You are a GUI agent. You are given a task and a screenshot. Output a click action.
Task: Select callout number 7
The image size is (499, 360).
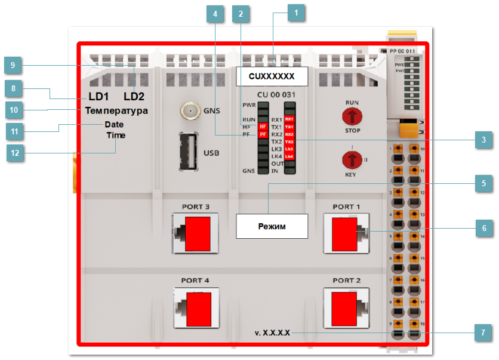coord(484,333)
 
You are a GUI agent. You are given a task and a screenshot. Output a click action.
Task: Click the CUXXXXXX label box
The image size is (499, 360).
coord(272,76)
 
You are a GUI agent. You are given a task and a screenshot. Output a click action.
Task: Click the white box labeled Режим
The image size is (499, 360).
coord(272,227)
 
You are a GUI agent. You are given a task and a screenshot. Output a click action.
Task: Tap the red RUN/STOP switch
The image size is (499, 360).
coord(352,116)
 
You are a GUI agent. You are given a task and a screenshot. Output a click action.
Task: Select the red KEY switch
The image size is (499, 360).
coord(352,161)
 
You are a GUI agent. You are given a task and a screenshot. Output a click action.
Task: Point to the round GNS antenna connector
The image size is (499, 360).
coord(190,111)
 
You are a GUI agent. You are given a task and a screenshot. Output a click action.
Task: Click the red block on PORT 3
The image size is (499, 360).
coord(198,235)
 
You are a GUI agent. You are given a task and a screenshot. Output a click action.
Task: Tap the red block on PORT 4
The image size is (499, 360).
coord(198,309)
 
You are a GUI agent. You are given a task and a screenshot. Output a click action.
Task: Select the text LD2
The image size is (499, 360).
coord(134,97)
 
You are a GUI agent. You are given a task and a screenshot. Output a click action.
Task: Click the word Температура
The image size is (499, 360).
coord(116,111)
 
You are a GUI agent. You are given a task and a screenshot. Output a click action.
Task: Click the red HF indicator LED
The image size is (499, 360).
coord(262,127)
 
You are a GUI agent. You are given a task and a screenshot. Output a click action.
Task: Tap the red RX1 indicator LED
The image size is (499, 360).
coord(289,119)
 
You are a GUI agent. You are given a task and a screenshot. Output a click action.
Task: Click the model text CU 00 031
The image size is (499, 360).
coord(276,94)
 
